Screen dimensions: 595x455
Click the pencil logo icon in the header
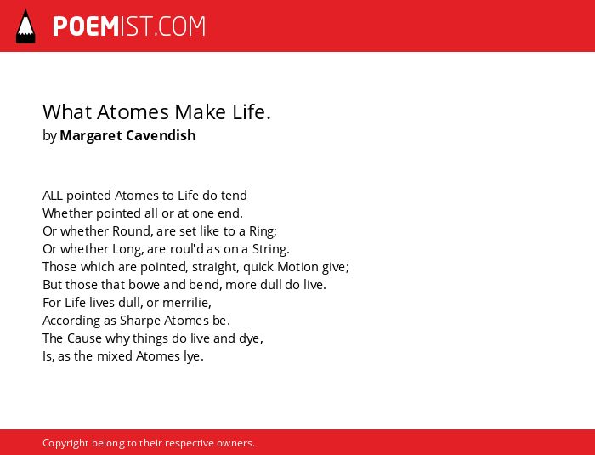25,26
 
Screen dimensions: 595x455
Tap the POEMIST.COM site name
129,26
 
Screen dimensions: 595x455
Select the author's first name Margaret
91,135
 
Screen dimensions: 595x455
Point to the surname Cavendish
161,135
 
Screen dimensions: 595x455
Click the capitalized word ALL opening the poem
53,196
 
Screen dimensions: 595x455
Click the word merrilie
185,303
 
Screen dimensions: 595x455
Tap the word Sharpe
140,321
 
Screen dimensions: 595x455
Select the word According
71,321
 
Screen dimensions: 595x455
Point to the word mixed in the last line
115,356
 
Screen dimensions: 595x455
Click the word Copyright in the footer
65,443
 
